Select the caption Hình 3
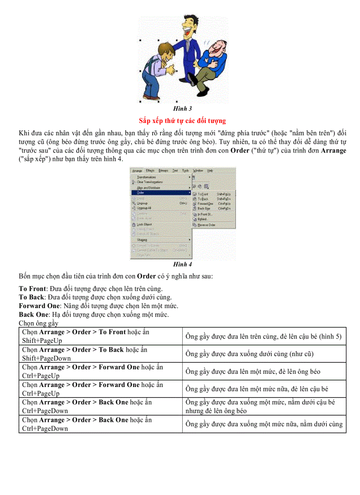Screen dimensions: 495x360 (x=183, y=108)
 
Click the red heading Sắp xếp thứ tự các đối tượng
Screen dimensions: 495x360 (x=182, y=120)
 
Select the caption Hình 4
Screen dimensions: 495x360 (x=183, y=264)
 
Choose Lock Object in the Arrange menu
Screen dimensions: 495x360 (x=144, y=224)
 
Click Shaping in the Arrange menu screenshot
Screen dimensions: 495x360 (x=142, y=240)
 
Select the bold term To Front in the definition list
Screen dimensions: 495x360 (x=32, y=289)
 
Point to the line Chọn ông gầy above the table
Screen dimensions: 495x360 (x=39, y=324)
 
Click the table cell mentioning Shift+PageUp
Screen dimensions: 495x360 (x=100, y=336)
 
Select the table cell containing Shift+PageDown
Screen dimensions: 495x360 (x=100, y=354)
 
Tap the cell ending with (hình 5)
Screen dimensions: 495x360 (x=263, y=337)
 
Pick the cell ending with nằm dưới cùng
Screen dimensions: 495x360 (x=263, y=424)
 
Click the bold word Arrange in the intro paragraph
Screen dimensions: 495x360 (x=334, y=151)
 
